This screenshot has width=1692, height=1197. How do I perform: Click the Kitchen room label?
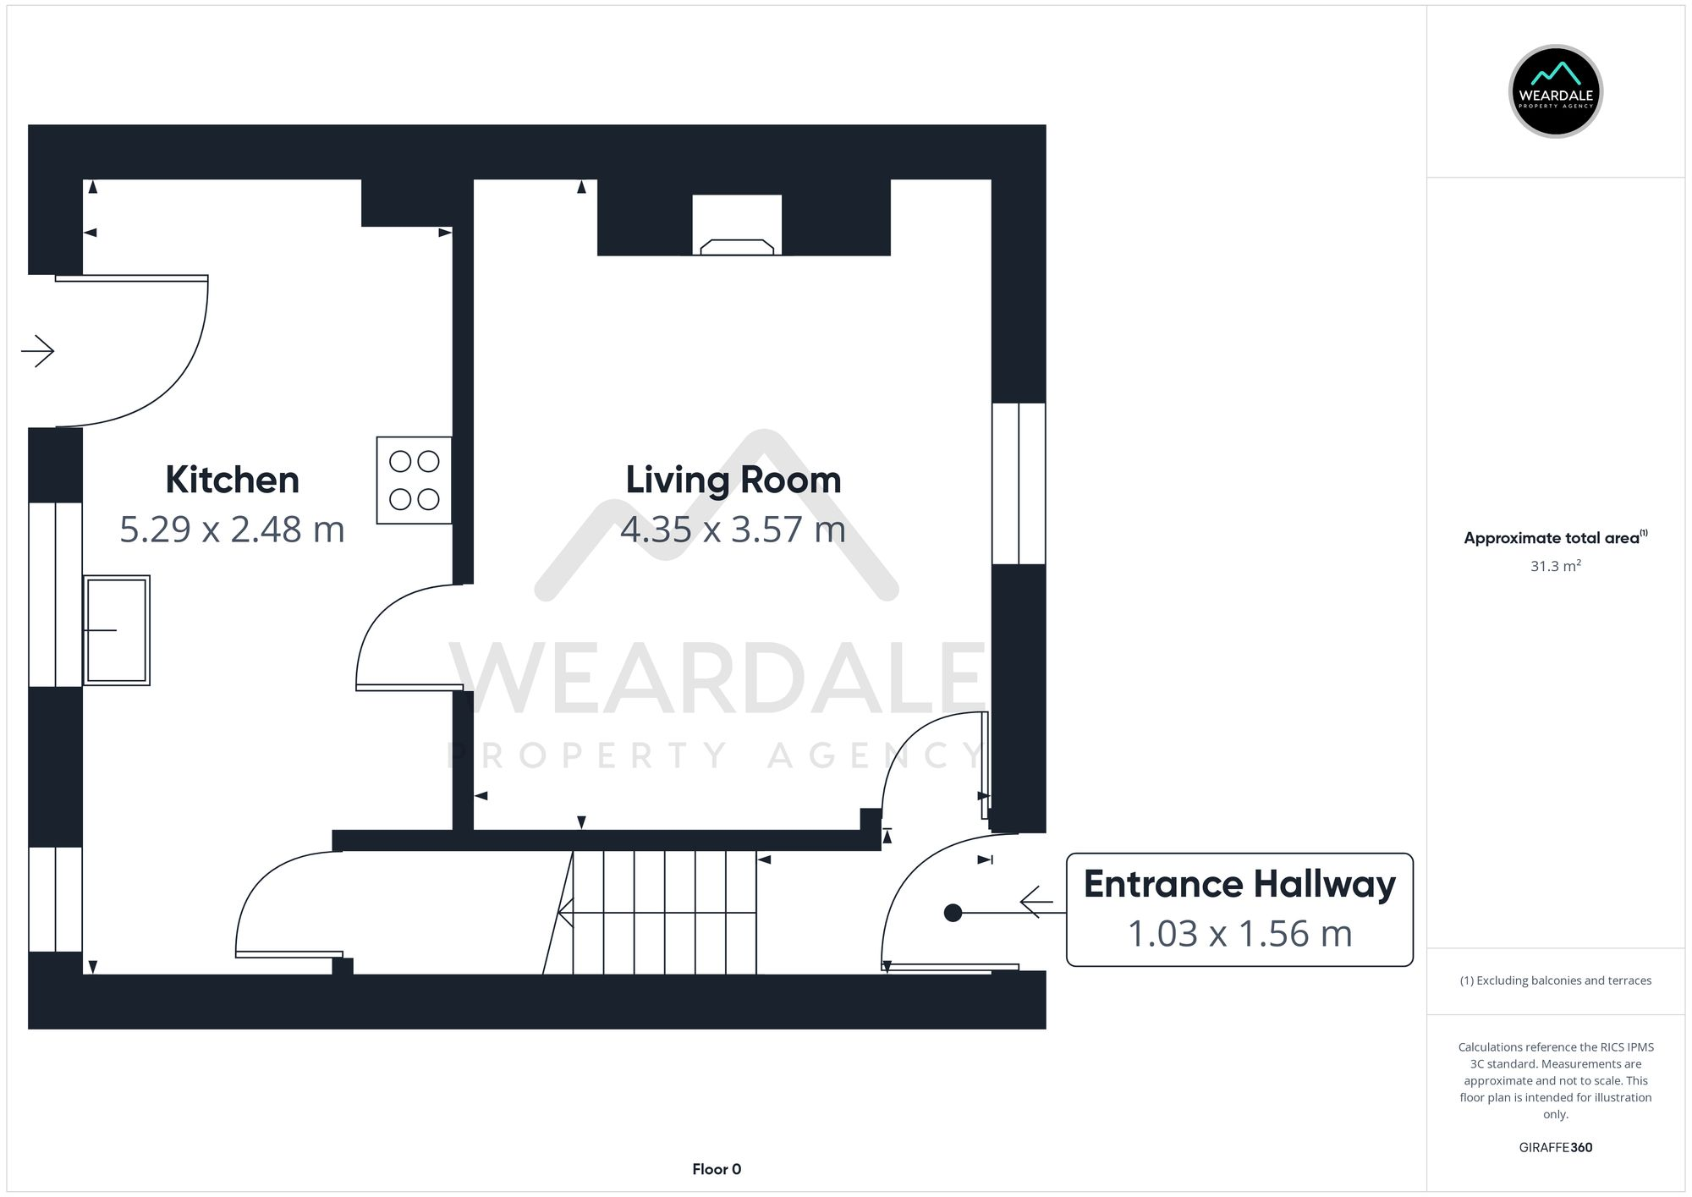point(232,480)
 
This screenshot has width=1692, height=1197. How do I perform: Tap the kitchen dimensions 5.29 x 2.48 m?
point(232,530)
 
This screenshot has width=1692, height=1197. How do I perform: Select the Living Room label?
point(733,480)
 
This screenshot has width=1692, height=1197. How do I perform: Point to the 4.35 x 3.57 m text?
point(733,530)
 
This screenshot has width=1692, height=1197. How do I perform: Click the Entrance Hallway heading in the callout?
point(1239,884)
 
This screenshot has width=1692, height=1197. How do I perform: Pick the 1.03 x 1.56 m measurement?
point(1239,934)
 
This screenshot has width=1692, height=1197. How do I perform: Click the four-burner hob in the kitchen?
point(414,480)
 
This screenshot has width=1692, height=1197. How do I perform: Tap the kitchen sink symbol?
point(117,630)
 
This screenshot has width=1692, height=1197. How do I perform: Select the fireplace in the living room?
point(737,228)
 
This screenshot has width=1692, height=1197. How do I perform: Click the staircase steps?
point(664,912)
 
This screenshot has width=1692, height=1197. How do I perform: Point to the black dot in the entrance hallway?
point(953,913)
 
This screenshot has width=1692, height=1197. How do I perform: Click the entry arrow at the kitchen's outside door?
point(38,350)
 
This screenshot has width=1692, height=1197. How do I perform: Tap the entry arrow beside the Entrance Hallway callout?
point(1036,902)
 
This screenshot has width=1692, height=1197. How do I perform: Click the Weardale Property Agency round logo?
point(1555,91)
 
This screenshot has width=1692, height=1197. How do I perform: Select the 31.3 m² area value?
point(1555,566)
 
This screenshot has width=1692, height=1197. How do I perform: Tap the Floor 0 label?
point(717,1169)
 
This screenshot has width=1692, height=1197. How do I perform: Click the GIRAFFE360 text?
point(1555,1147)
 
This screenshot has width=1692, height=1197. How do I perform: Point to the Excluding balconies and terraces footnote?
point(1555,980)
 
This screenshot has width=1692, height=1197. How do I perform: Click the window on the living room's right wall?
point(1019,483)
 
